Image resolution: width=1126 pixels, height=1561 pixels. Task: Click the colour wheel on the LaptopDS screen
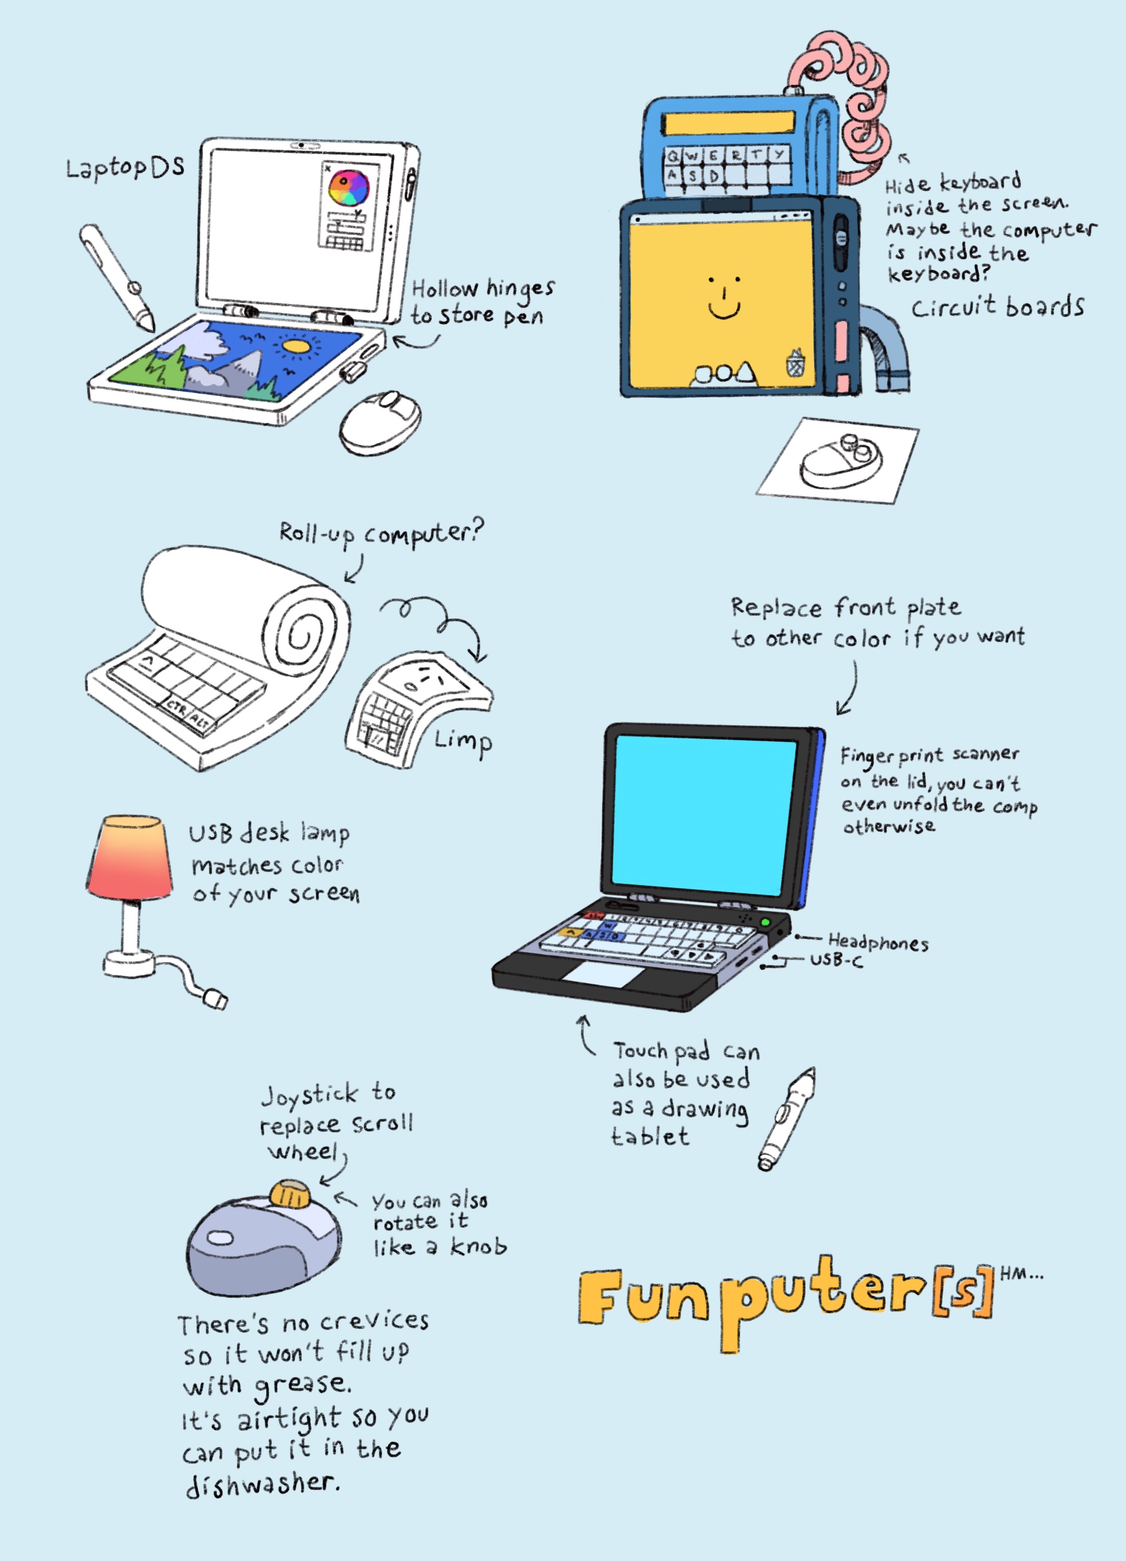[x=349, y=188]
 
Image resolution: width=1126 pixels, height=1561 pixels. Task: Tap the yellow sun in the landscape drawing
[x=297, y=346]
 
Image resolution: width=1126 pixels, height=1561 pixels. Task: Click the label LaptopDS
[x=125, y=167]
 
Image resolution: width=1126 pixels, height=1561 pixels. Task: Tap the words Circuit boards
[x=998, y=307]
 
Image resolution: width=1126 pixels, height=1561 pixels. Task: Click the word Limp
[x=463, y=742]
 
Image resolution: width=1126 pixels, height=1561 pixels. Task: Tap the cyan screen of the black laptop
[x=703, y=816]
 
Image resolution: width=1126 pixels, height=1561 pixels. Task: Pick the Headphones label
[x=878, y=942]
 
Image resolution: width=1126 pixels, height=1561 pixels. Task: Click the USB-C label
[x=836, y=960]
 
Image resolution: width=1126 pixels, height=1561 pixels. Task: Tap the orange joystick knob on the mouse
[x=290, y=1193]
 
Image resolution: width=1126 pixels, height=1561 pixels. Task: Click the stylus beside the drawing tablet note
[x=787, y=1119]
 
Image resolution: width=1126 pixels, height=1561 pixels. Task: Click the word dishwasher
[x=262, y=1484]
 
